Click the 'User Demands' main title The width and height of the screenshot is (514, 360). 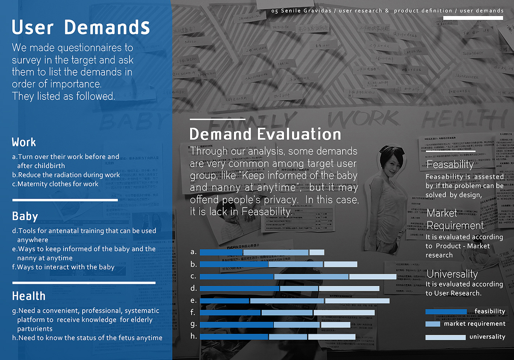(x=81, y=28)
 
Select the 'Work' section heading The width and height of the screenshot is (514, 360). (x=24, y=142)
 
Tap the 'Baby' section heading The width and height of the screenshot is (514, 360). (x=25, y=216)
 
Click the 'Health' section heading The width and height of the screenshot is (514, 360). (x=29, y=296)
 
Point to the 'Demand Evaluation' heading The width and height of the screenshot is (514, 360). (x=265, y=134)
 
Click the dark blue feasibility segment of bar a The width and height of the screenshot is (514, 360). (x=221, y=252)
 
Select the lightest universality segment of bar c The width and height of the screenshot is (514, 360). (x=373, y=277)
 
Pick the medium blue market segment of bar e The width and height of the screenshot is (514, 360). (x=287, y=301)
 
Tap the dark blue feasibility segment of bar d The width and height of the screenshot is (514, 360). (x=239, y=289)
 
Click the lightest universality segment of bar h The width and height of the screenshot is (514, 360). (x=332, y=337)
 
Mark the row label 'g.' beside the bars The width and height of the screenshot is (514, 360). (x=193, y=324)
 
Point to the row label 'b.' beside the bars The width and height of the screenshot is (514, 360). (x=193, y=264)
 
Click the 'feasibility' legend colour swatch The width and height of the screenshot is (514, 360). (x=446, y=312)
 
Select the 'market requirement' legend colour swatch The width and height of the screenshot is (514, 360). (x=432, y=324)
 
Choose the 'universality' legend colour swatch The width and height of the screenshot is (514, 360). (x=445, y=337)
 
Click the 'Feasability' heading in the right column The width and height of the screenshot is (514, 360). (x=450, y=165)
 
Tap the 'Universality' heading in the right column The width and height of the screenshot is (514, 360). (x=452, y=274)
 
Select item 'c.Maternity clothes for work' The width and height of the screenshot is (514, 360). (x=55, y=184)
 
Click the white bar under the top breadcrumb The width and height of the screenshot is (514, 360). (x=473, y=18)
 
